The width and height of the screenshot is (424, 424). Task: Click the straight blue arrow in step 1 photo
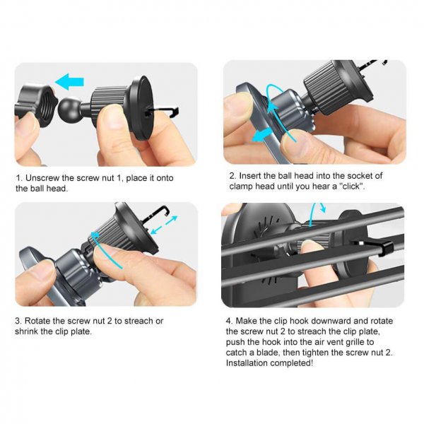click(x=69, y=82)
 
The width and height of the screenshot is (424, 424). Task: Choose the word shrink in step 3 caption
click(x=30, y=331)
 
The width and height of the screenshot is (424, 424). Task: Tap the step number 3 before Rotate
click(x=18, y=320)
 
